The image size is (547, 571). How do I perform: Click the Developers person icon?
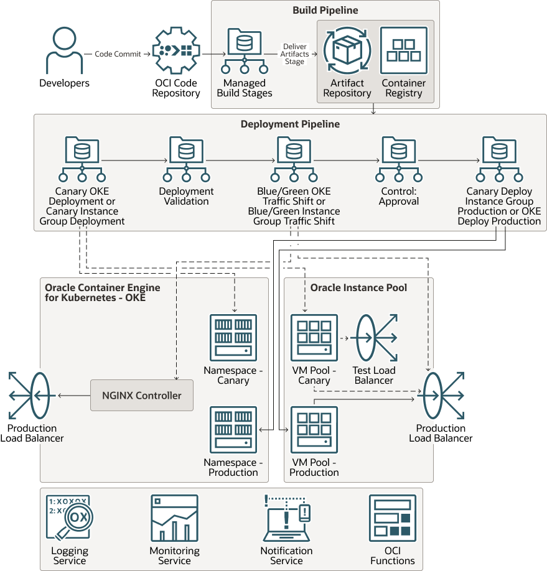tap(64, 50)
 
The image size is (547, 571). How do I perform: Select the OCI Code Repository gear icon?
tap(176, 50)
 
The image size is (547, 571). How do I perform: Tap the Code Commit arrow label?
tap(118, 54)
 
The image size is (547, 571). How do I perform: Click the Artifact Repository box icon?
tap(347, 50)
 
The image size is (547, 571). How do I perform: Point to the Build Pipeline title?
tap(325, 11)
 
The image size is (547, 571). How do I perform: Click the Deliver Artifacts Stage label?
tap(294, 54)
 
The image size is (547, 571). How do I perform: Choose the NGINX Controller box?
tap(142, 395)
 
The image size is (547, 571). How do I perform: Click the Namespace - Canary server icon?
tap(233, 338)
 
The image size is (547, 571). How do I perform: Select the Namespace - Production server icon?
tap(233, 430)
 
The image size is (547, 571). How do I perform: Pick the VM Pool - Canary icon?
tap(314, 338)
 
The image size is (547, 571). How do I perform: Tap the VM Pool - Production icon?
tap(314, 430)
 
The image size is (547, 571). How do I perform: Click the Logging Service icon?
tap(69, 518)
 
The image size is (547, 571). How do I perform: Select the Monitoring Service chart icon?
tap(174, 518)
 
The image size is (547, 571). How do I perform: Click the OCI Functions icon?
tap(392, 518)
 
